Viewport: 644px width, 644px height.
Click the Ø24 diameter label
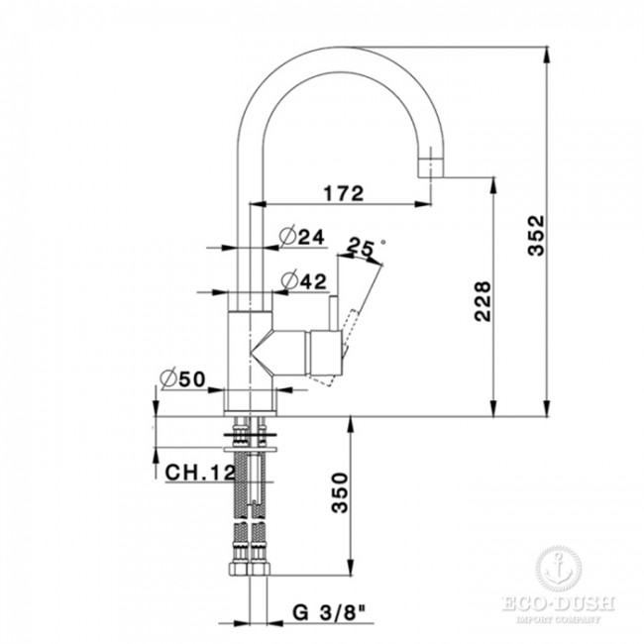point(302,237)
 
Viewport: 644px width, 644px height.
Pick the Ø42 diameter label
point(302,281)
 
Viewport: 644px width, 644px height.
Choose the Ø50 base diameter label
point(181,377)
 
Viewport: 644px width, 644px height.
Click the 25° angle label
point(366,250)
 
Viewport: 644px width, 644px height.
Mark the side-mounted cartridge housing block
point(325,354)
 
